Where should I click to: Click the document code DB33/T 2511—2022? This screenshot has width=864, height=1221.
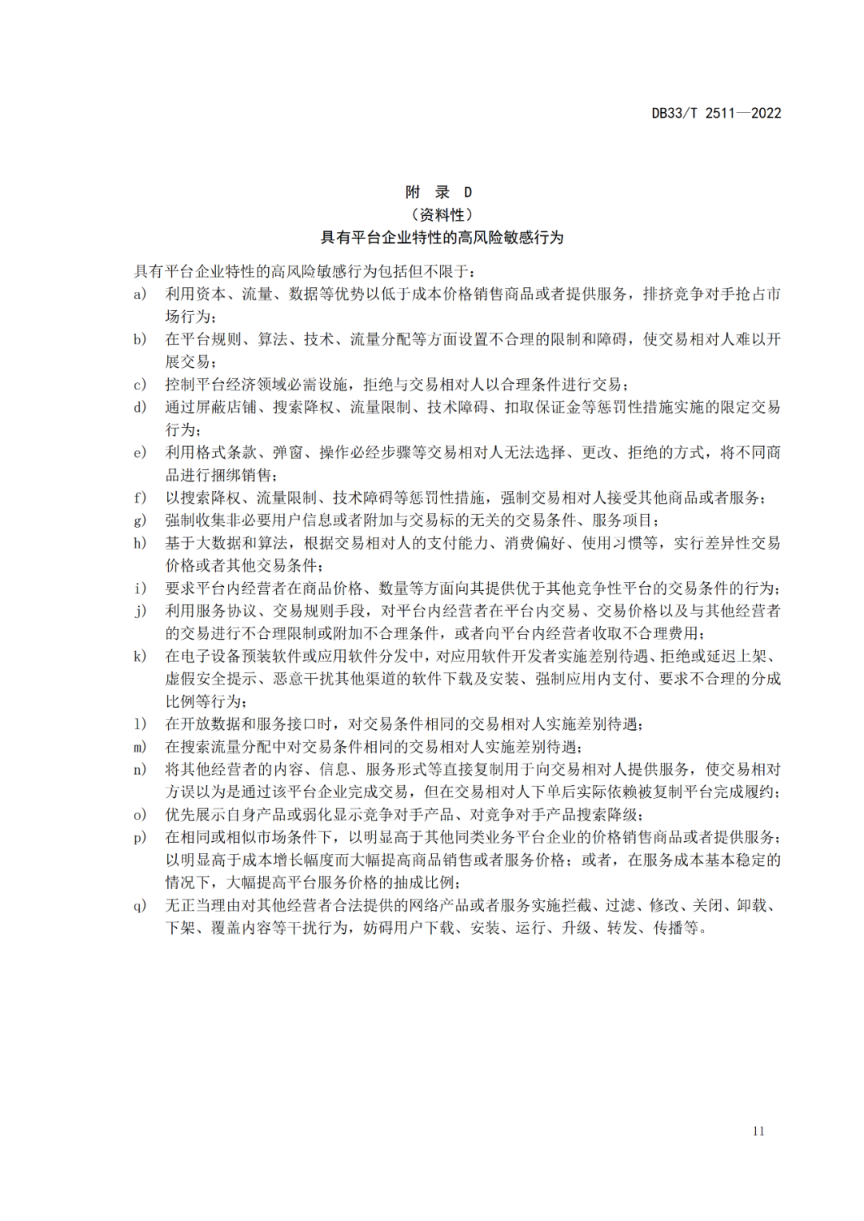[716, 114]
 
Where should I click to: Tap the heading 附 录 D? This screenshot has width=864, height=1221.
[438, 192]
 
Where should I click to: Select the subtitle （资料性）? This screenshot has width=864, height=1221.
[442, 214]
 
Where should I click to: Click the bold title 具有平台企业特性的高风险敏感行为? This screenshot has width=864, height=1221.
[442, 237]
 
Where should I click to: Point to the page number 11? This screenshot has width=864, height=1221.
[758, 1131]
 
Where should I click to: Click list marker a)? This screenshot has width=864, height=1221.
[140, 294]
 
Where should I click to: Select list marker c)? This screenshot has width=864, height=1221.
[140, 385]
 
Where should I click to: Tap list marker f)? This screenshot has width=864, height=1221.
[140, 498]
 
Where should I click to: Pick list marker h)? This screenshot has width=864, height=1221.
[140, 544]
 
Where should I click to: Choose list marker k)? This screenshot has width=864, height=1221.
[140, 656]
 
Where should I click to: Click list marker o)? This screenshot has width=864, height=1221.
[140, 815]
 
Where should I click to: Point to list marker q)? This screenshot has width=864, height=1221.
[140, 906]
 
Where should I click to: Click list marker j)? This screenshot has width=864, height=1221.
[140, 612]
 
